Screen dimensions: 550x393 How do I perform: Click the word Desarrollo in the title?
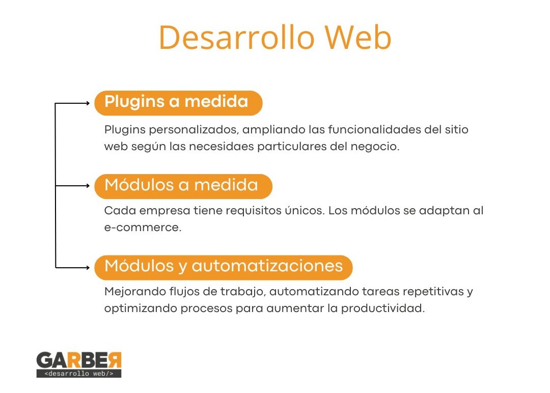[236, 37]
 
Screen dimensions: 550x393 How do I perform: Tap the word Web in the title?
[358, 37]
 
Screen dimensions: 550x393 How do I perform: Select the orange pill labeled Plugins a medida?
[178, 103]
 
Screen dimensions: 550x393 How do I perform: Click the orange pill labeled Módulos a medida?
[183, 186]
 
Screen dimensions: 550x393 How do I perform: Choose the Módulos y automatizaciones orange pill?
[223, 267]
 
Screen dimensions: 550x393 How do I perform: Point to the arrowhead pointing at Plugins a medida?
[88, 103]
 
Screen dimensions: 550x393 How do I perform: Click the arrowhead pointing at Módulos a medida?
[88, 185]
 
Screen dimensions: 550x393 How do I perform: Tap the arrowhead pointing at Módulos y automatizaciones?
[88, 267]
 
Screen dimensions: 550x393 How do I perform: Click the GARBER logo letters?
[79, 360]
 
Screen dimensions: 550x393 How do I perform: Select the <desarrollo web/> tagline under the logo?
[79, 373]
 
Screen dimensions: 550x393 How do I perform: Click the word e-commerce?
[143, 227]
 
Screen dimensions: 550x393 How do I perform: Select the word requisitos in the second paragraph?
[249, 211]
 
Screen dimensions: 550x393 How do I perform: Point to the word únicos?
[305, 210]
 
